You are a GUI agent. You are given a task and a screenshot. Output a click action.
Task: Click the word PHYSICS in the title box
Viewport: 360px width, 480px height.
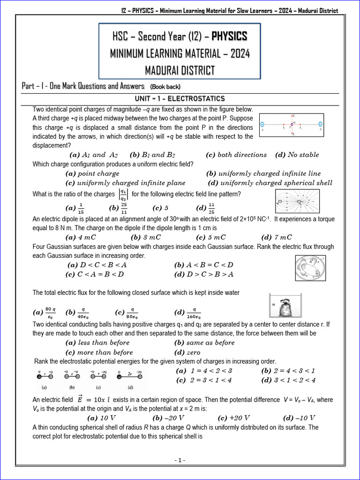pyautogui.click(x=223, y=37)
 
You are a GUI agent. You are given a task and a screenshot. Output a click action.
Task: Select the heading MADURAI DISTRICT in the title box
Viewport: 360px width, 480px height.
pyautogui.click(x=180, y=70)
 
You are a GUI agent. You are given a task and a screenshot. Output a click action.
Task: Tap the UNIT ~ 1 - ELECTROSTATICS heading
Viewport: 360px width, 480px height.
pyautogui.click(x=180, y=98)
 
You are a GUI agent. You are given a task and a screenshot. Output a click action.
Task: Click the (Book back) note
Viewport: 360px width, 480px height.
pyautogui.click(x=165, y=87)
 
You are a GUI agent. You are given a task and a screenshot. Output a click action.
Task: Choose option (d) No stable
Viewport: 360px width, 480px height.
pyautogui.click(x=297, y=155)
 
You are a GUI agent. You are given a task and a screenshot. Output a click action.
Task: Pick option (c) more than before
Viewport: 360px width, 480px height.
pyautogui.click(x=99, y=352)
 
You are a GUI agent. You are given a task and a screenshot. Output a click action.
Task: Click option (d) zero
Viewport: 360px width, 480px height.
pyautogui.click(x=187, y=352)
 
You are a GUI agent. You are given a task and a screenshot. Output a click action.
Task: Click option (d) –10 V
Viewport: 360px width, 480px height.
pyautogui.click(x=299, y=418)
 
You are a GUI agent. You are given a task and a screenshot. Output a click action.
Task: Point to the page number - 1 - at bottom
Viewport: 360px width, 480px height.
pyautogui.click(x=180, y=460)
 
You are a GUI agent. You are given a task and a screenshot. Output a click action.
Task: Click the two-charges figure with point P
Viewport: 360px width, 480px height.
pyautogui.click(x=291, y=125)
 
